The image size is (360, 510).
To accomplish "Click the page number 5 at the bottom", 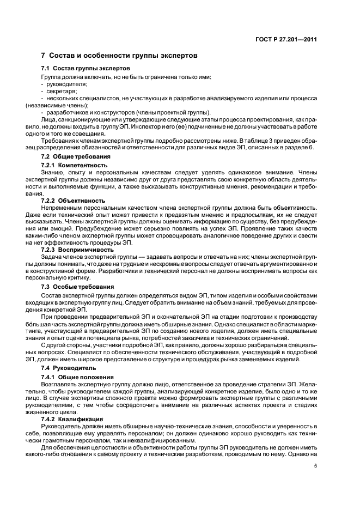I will (315, 465).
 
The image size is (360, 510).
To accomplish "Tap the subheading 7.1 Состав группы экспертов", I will (86, 69).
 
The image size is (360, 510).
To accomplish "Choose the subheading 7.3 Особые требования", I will (78, 286).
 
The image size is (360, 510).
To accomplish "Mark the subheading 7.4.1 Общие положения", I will (77, 377).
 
